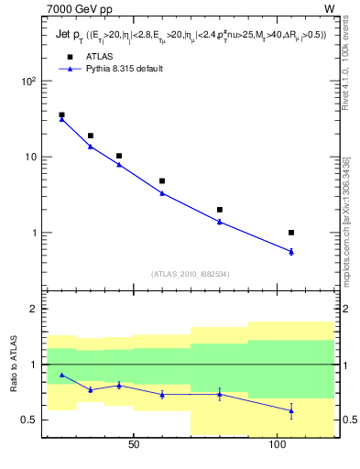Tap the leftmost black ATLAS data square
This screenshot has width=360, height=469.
tap(61, 115)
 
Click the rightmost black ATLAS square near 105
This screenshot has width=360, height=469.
tap(291, 233)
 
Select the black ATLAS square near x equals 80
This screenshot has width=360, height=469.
tap(220, 210)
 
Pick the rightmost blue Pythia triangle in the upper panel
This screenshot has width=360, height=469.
tap(291, 251)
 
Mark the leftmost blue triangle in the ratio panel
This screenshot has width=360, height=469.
tap(61, 375)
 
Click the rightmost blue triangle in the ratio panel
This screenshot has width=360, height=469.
tap(291, 410)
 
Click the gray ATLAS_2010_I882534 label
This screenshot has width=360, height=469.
tap(190, 274)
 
